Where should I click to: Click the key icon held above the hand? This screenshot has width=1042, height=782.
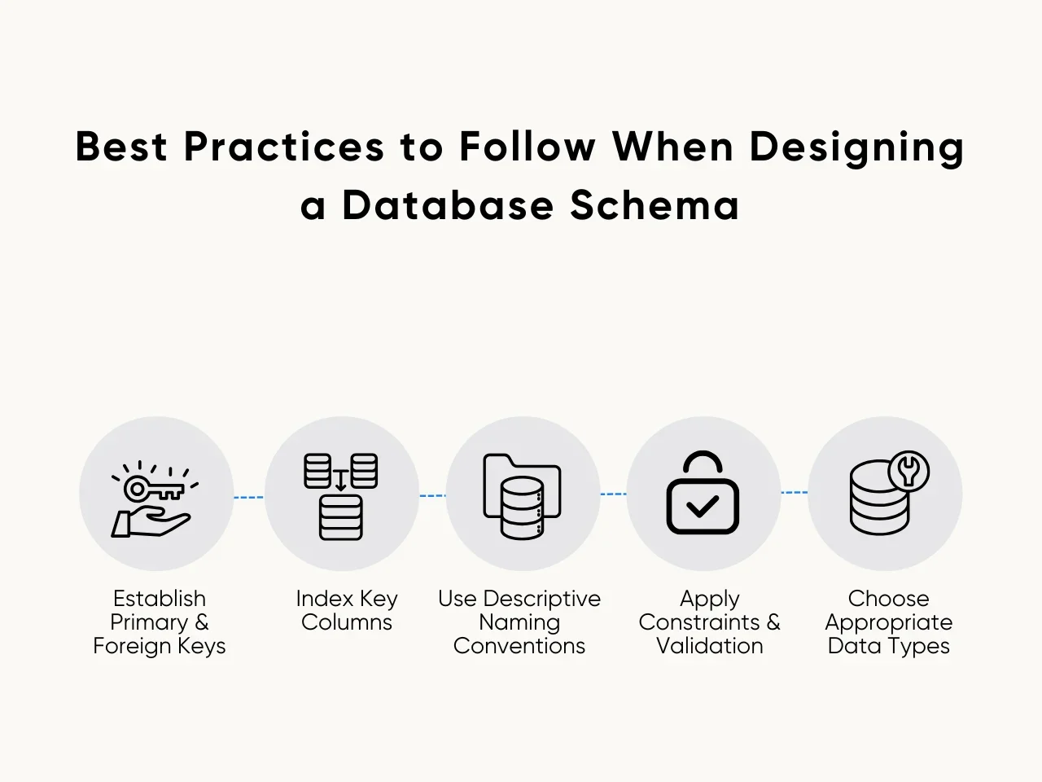point(154,489)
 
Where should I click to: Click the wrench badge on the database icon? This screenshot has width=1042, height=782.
point(908,471)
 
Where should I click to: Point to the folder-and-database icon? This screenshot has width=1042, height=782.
point(522,496)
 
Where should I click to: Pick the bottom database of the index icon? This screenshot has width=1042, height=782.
point(341,517)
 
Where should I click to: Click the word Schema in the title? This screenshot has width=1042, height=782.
point(655,204)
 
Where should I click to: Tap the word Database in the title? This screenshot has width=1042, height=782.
point(448,204)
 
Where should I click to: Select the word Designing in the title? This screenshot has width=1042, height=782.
point(856,148)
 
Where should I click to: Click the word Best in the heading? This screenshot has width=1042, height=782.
point(121,147)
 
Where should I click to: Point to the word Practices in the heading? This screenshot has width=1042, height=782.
point(284,147)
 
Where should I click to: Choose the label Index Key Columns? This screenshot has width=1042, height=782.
point(347,610)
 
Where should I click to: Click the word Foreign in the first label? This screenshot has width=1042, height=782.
point(133,646)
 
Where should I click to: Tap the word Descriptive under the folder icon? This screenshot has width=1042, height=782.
point(541,599)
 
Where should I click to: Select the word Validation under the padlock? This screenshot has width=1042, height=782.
point(710,646)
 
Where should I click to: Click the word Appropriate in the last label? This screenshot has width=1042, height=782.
point(888,623)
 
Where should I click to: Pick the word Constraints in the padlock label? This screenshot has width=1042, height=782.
point(698,622)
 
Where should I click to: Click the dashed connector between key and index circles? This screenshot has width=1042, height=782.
point(248,497)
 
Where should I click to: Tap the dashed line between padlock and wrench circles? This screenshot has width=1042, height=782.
point(794,493)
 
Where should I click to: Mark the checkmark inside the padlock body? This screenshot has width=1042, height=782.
point(703,507)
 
